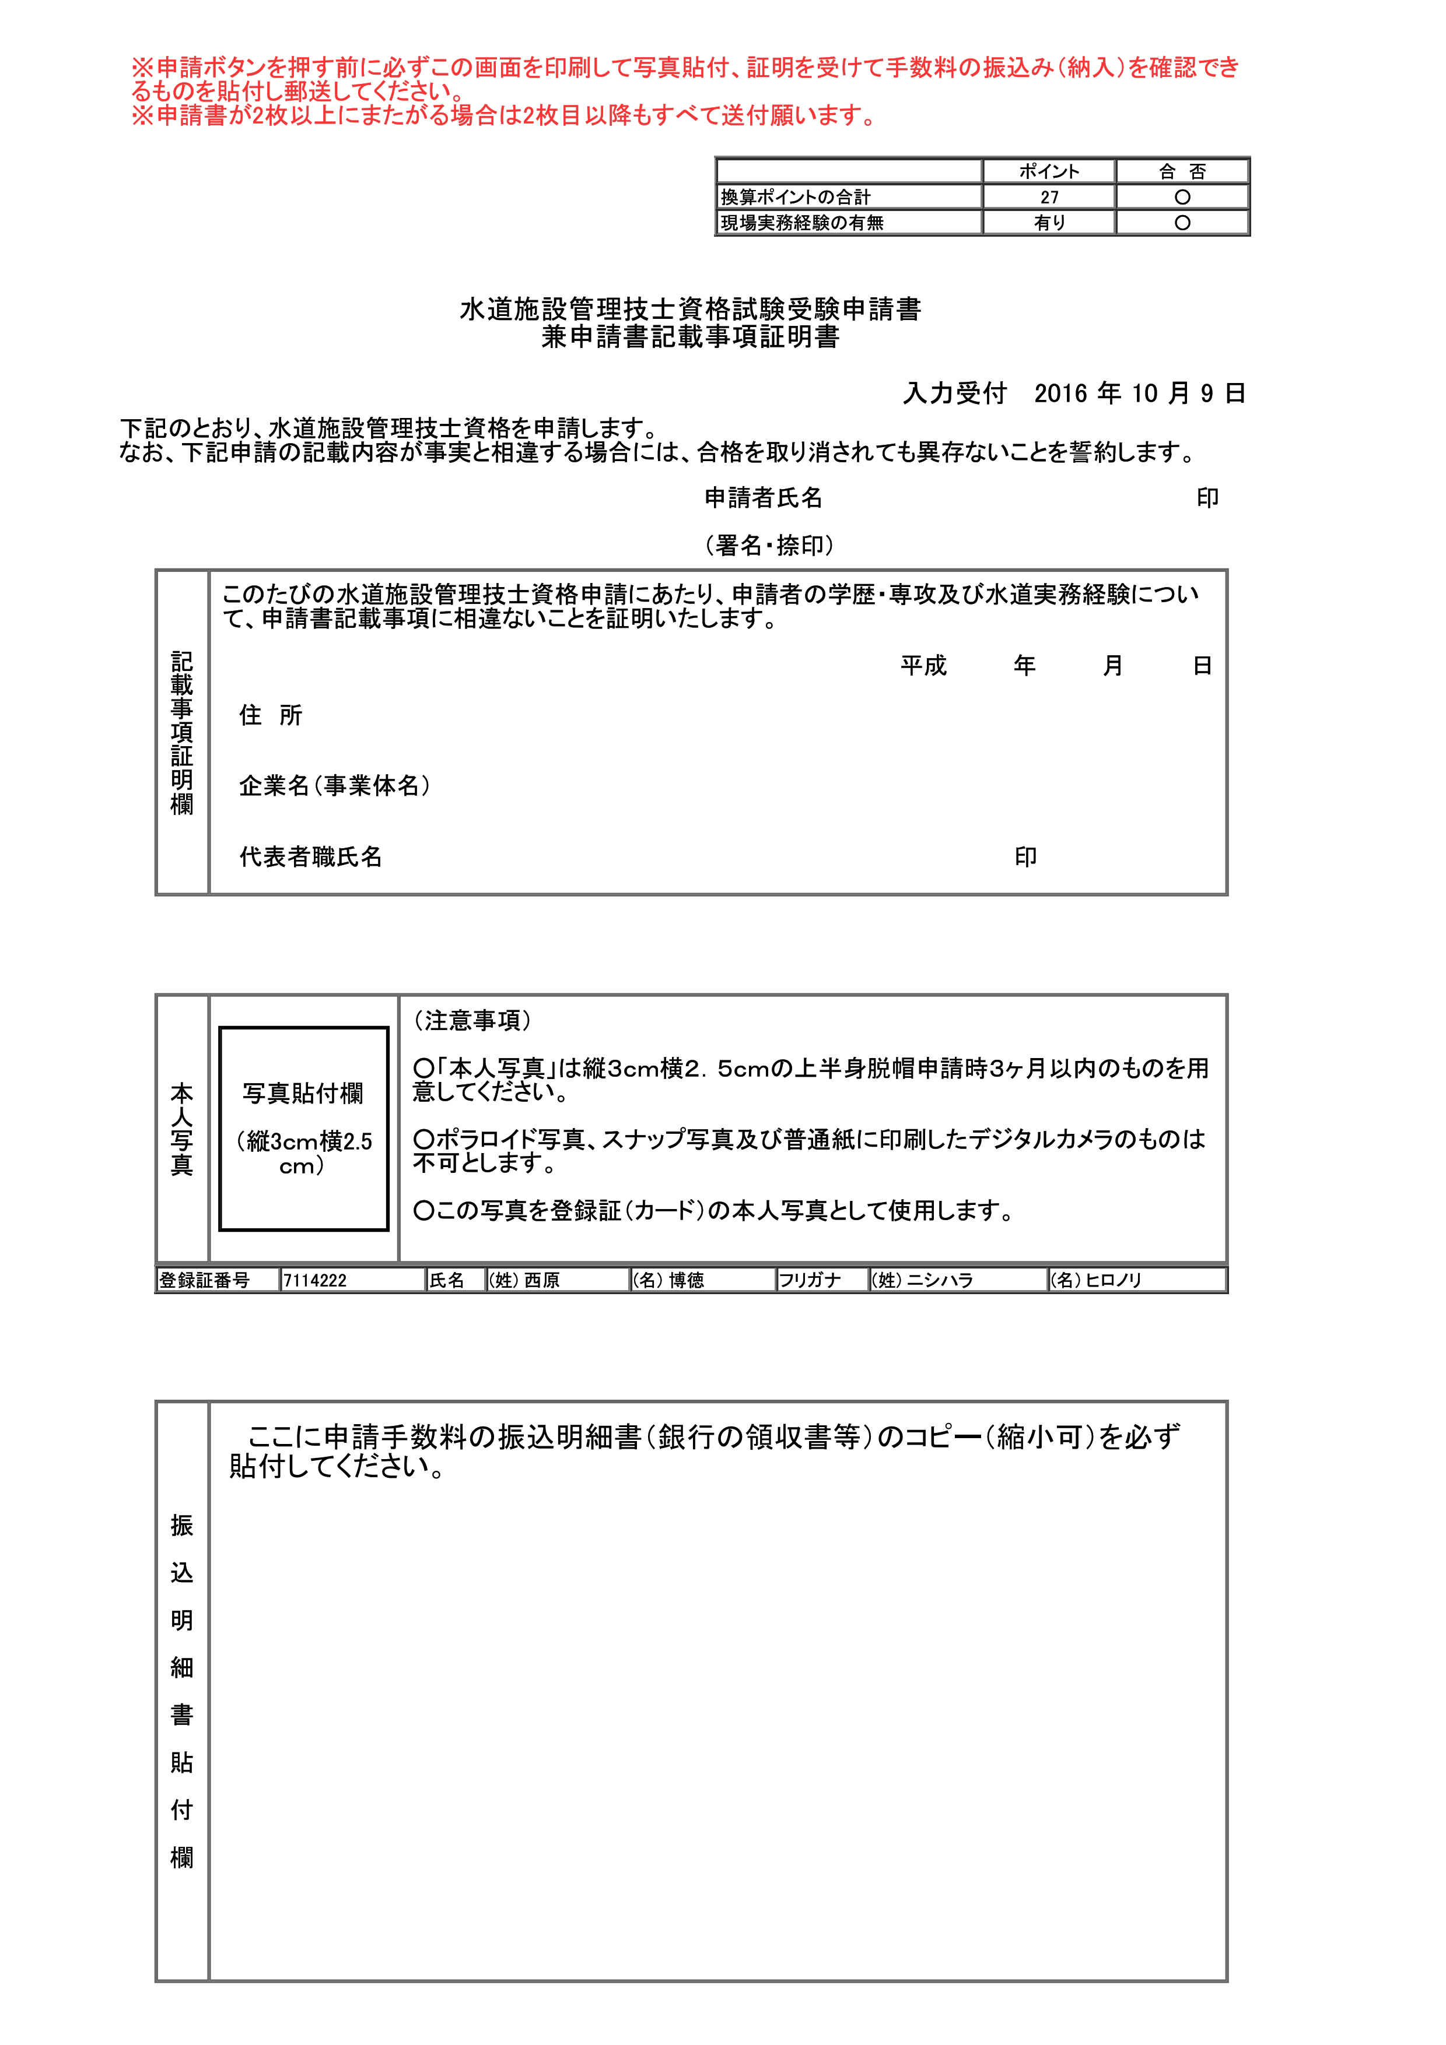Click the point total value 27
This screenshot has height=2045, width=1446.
(x=1049, y=197)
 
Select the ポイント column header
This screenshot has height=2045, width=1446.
(x=1049, y=171)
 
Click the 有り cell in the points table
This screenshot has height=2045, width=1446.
(x=1049, y=223)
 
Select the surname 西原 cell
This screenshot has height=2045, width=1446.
(x=541, y=1280)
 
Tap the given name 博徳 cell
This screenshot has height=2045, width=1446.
(x=685, y=1280)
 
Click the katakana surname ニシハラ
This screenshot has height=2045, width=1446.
(x=939, y=1280)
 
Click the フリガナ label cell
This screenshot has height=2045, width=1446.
(x=810, y=1280)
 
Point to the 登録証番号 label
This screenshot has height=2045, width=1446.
(x=204, y=1280)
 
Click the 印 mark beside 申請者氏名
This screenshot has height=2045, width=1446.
(x=1207, y=498)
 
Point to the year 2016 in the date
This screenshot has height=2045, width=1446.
(x=1061, y=393)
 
